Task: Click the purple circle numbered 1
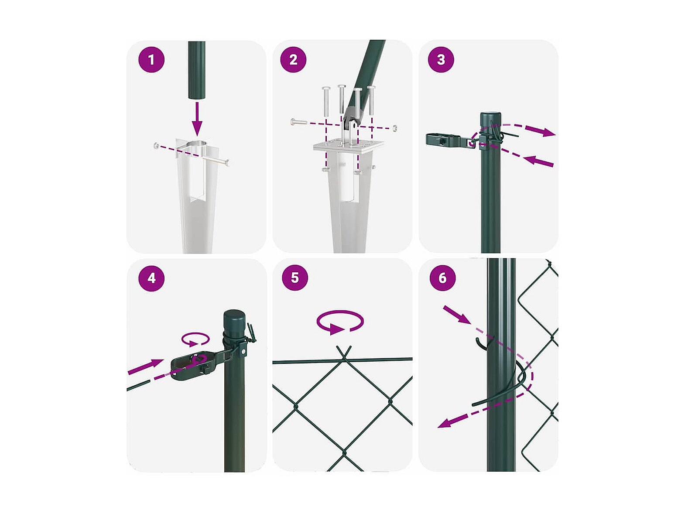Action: pos(151,60)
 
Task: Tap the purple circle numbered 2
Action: pos(293,59)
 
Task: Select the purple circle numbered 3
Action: pos(441,59)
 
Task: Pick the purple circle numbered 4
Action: pos(151,278)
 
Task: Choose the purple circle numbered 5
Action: pos(295,278)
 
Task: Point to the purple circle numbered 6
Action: pos(442,278)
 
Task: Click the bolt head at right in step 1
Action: pos(227,163)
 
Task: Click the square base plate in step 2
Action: pos(349,146)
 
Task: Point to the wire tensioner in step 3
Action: pos(449,140)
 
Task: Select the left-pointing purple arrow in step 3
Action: pos(538,161)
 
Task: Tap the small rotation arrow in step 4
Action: pos(195,339)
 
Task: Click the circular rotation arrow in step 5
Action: pos(340,322)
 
